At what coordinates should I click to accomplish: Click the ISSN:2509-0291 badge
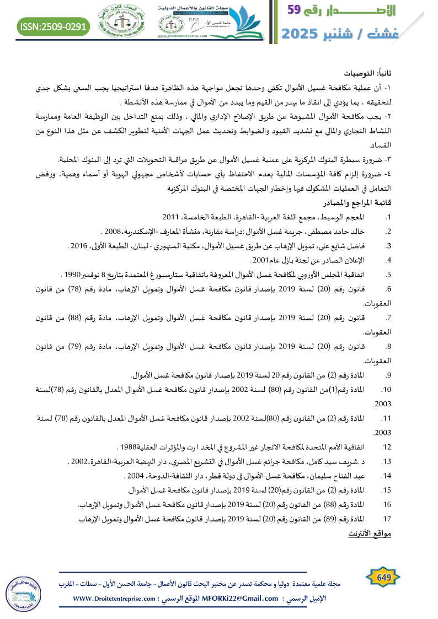[x=53, y=26]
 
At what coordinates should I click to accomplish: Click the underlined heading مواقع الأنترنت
[x=370, y=535]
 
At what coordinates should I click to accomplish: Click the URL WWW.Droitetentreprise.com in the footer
[x=109, y=598]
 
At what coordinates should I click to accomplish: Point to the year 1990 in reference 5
[x=71, y=259]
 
